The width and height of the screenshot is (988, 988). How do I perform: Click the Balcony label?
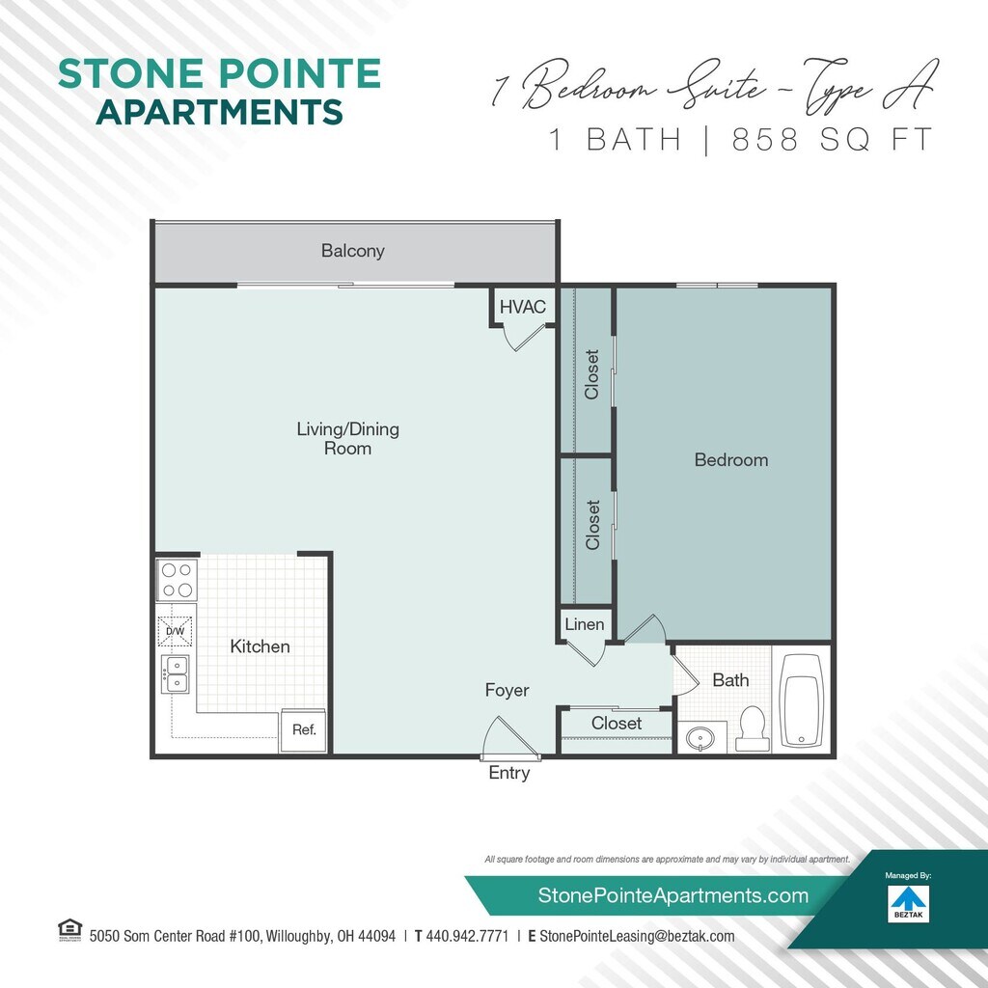[x=353, y=251]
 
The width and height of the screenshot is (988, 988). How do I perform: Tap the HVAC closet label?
[x=522, y=307]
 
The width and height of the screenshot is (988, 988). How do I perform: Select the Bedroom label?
[x=731, y=460]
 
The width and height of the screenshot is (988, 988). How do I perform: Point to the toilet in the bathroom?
[x=751, y=727]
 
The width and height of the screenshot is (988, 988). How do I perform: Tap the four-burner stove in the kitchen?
[x=177, y=579]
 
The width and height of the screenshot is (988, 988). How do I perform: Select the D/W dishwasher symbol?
[x=176, y=631]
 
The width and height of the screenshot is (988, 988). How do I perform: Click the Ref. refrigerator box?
[x=305, y=730]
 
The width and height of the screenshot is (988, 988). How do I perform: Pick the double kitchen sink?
[x=176, y=674]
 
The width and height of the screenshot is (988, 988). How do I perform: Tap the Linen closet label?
[x=585, y=624]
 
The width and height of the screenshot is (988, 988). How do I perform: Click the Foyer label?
[x=507, y=691]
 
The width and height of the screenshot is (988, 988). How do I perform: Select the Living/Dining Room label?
[x=347, y=438]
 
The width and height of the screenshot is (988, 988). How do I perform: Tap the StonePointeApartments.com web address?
[x=672, y=895]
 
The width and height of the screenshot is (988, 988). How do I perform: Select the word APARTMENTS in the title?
[x=220, y=112]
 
